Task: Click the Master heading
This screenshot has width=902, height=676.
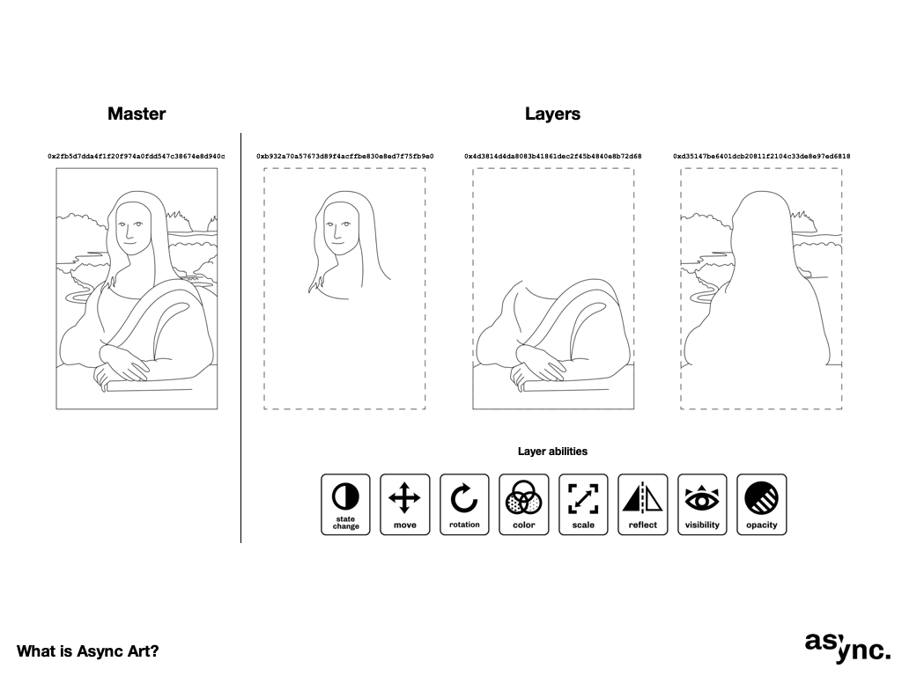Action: (137, 114)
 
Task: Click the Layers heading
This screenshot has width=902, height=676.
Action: (552, 114)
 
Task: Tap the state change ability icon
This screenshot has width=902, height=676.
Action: (345, 504)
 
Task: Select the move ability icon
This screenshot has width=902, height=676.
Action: (405, 504)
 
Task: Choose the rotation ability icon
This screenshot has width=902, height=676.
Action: (464, 504)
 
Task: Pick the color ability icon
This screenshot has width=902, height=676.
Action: (524, 504)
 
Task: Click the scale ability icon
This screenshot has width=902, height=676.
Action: (583, 504)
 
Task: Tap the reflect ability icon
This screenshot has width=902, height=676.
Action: (642, 504)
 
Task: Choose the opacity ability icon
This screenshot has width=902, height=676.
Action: (762, 504)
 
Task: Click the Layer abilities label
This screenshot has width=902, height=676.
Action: (552, 452)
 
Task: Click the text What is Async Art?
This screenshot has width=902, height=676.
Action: (87, 651)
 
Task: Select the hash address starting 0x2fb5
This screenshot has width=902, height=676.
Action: (137, 157)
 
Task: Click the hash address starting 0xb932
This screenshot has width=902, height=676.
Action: (345, 157)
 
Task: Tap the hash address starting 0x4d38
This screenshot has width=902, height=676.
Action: (553, 157)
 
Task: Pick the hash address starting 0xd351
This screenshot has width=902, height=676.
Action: (762, 157)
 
